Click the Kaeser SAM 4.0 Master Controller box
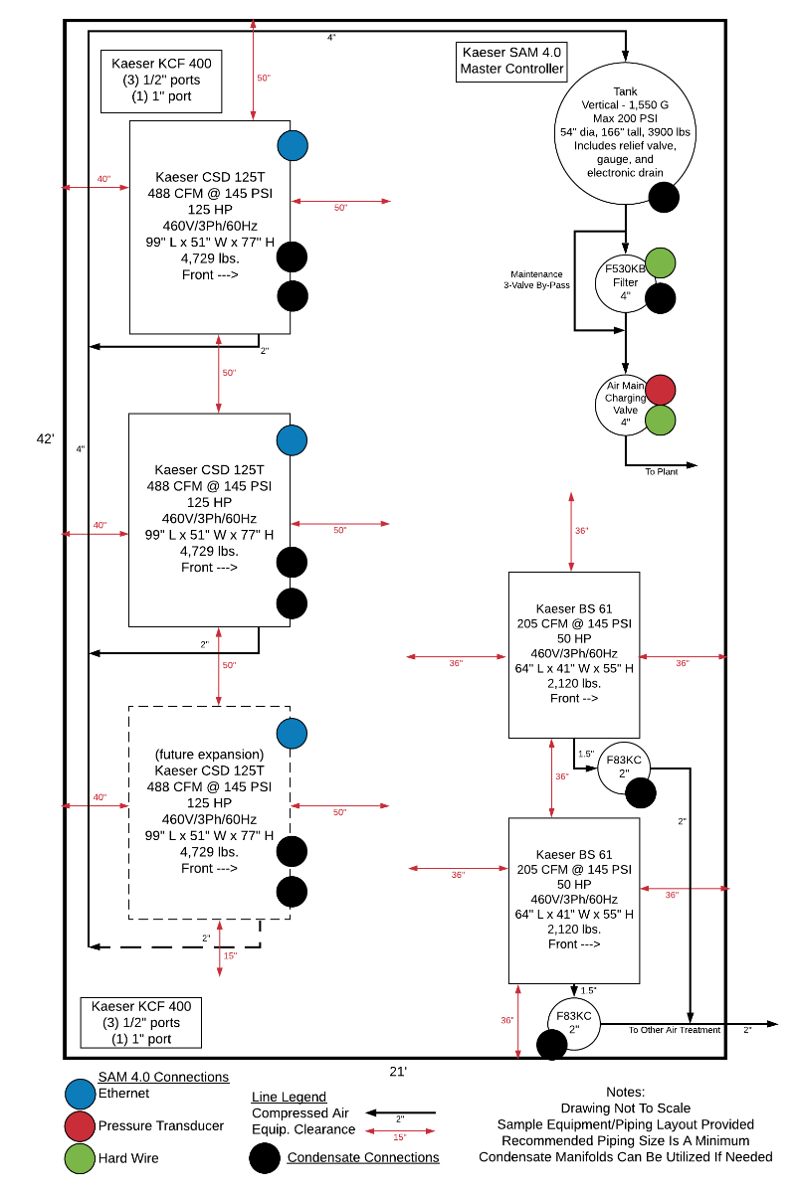point(511,62)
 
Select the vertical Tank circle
point(625,131)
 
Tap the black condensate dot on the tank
point(664,198)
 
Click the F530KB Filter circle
point(624,281)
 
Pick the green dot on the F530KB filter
point(661,263)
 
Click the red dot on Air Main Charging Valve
point(661,390)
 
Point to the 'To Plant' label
point(662,471)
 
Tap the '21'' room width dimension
point(398,1071)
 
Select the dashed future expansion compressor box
point(209,811)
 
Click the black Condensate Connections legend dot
point(265,1158)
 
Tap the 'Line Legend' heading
point(289,1097)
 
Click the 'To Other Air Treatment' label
point(674,1030)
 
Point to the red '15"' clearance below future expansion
point(230,955)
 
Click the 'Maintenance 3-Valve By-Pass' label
point(536,279)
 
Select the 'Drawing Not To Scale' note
point(625,1108)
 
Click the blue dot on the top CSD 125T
point(293,145)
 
